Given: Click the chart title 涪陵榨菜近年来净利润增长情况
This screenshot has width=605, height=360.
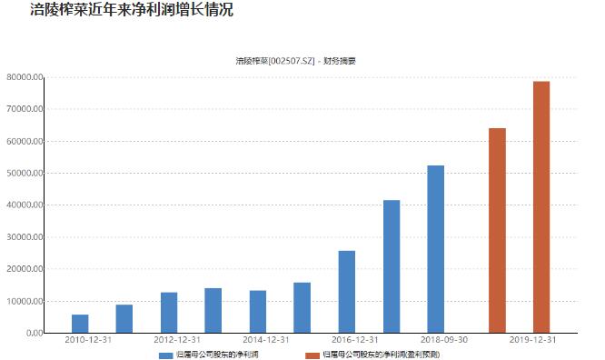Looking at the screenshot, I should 118,11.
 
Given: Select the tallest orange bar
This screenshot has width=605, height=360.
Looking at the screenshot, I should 541,207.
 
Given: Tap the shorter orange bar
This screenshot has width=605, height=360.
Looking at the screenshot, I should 497,230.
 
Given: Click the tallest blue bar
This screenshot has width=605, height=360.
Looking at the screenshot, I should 436,249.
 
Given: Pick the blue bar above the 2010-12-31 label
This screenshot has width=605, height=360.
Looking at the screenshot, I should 80,324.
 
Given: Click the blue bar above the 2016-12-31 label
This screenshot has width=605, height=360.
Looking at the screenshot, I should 347,292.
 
